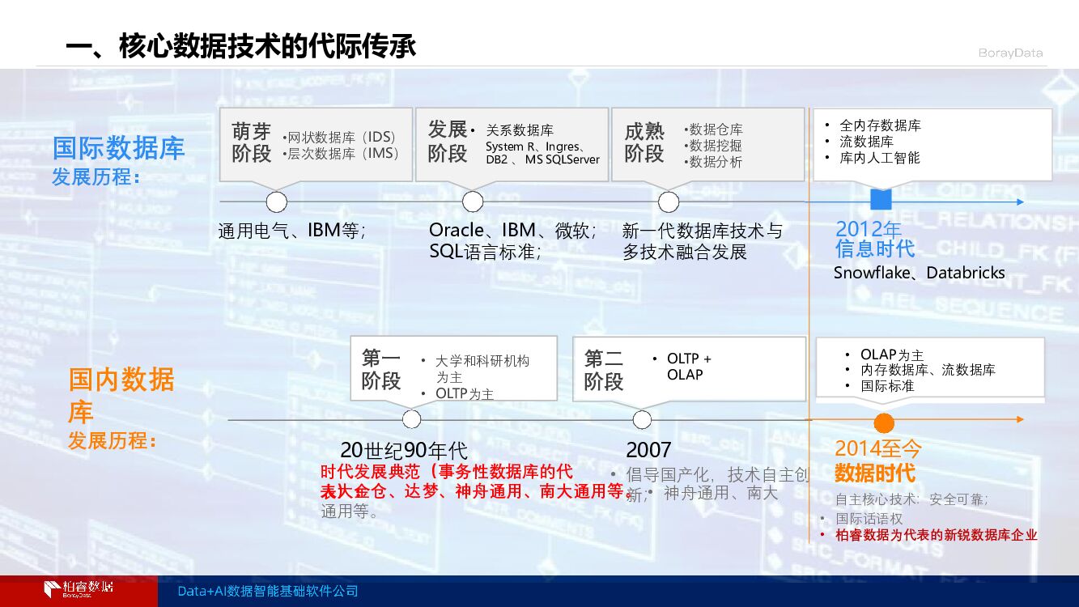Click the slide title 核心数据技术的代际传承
click(x=240, y=46)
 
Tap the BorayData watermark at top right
click(x=1010, y=53)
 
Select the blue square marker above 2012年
click(x=880, y=201)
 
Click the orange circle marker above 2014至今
click(x=883, y=422)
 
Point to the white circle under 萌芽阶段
click(x=277, y=202)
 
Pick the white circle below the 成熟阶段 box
click(x=669, y=202)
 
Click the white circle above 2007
click(x=642, y=419)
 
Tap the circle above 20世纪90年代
click(x=411, y=419)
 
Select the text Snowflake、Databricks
click(x=919, y=273)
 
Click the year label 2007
click(x=648, y=450)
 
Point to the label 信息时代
click(x=874, y=248)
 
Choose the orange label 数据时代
click(x=874, y=473)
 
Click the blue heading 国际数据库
click(x=118, y=148)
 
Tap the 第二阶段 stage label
click(x=604, y=370)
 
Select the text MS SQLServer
click(x=563, y=160)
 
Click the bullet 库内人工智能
click(x=880, y=158)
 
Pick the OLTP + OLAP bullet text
click(x=688, y=367)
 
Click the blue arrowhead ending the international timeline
click(x=1020, y=202)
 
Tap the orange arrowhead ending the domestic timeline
click(x=1020, y=419)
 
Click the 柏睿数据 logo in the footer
click(x=79, y=589)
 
